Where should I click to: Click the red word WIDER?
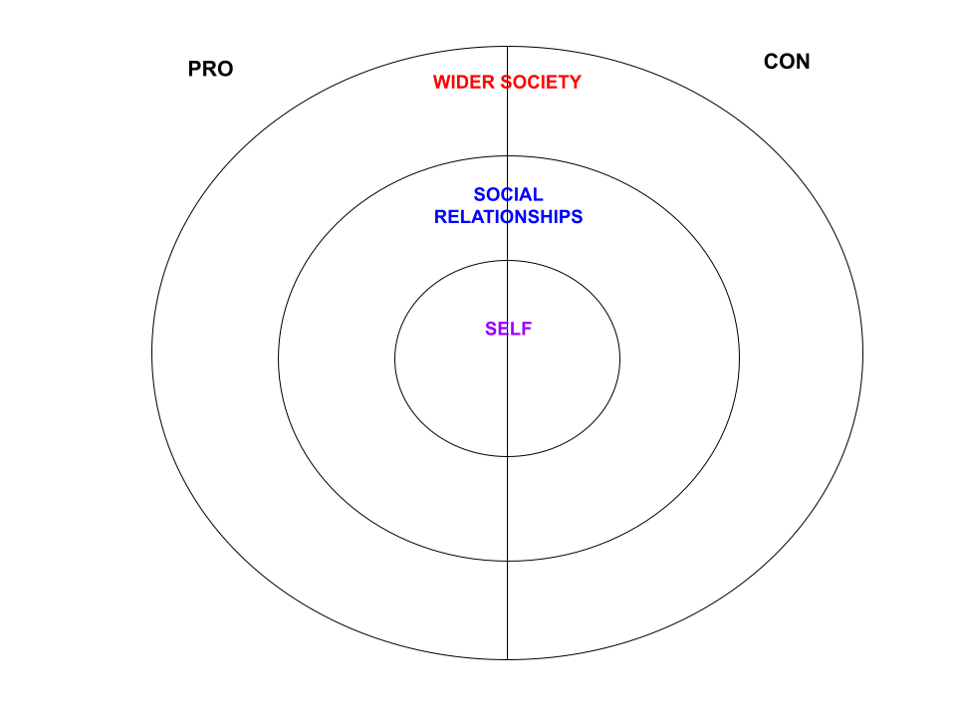coord(463,83)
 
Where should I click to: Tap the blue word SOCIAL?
coord(508,195)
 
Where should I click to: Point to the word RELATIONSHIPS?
coord(508,217)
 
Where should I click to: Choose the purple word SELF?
coord(508,330)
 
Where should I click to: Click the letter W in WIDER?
coord(441,83)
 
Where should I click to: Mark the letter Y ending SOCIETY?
coord(575,83)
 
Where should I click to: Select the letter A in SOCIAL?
coord(528,195)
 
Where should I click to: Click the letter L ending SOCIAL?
coord(539,195)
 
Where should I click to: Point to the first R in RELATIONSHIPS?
coord(441,217)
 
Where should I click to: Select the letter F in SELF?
coord(527,330)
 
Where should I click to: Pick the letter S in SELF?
coord(491,330)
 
